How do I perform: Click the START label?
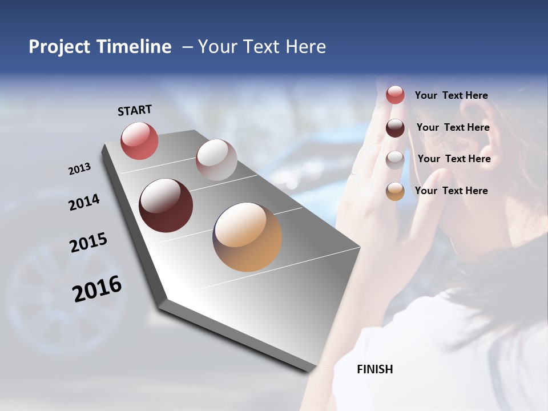(135, 110)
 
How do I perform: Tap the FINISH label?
(374, 369)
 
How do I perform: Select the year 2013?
(79, 169)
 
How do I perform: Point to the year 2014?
(84, 203)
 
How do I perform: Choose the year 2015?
(88, 243)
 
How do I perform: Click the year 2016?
(97, 289)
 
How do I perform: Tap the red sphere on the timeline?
(139, 140)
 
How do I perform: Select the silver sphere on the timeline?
(216, 160)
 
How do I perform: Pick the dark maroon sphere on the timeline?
(166, 205)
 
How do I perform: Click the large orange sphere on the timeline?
(247, 237)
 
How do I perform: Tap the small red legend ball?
(395, 95)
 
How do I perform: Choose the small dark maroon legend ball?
(395, 128)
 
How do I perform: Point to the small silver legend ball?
(395, 160)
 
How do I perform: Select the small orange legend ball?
(395, 191)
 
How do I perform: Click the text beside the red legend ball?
(451, 95)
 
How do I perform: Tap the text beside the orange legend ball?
(451, 191)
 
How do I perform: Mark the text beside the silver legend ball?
(454, 159)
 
